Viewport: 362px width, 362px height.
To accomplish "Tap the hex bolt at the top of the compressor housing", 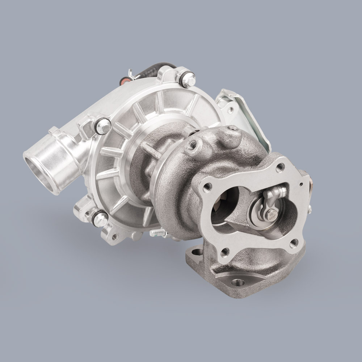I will click(188, 80).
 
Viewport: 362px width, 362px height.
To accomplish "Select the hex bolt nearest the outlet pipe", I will click(103, 126).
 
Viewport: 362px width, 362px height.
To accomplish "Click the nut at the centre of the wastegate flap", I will click(271, 214).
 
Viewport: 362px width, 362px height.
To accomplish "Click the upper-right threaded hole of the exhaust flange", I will click(280, 167).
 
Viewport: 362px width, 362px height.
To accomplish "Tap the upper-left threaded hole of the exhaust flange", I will click(207, 187).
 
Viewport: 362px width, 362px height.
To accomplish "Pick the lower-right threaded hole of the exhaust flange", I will click(294, 243).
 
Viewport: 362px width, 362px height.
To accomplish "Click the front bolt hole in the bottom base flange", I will click(238, 282).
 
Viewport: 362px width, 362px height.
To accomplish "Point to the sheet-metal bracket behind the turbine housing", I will click(246, 112).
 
